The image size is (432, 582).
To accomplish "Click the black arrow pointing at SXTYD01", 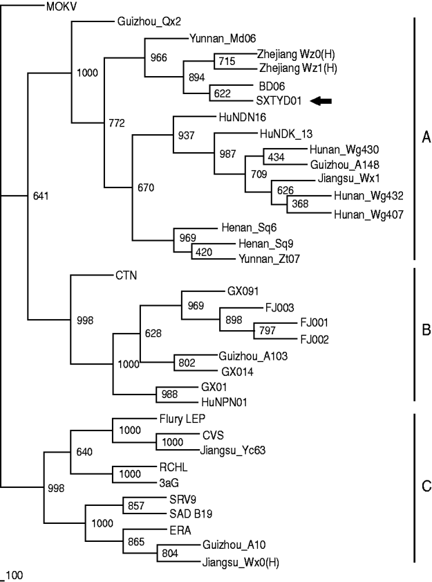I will pos(321,101).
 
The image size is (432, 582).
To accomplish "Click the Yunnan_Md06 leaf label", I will pos(215,39).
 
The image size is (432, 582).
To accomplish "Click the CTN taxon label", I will pos(126,275).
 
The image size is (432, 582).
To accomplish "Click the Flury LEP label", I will pos(178,419).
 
